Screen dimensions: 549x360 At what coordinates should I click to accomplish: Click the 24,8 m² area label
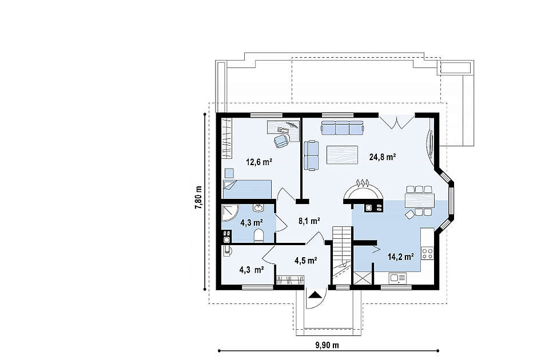coord(383,157)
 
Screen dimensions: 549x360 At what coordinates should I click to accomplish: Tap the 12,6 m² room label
coord(260,162)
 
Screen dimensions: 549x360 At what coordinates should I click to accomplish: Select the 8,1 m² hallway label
coord(309,221)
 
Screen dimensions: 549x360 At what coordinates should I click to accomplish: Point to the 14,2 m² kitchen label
coord(401,257)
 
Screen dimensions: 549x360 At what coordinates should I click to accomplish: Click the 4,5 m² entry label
coord(305,261)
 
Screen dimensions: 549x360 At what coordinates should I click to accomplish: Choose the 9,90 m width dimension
coord(327,345)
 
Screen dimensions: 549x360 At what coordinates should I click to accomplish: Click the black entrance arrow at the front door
coord(315,295)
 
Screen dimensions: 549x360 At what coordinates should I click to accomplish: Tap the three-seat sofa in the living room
coord(343,127)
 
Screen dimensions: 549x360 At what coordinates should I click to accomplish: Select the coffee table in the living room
coord(342,155)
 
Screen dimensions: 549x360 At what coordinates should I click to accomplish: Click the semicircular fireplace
coord(363,192)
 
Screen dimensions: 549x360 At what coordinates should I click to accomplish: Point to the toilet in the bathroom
coord(258,235)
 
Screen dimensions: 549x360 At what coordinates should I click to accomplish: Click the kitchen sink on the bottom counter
coord(397,278)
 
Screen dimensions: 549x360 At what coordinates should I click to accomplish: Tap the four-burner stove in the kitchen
coord(427,253)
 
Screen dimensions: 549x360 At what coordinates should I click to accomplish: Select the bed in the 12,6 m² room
coord(247,189)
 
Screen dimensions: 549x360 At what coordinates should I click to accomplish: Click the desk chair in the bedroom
coord(281,141)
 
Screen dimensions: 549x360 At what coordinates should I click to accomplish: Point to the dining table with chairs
coord(419,201)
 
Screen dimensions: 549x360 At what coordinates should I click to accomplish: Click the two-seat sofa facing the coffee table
coord(311,155)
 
